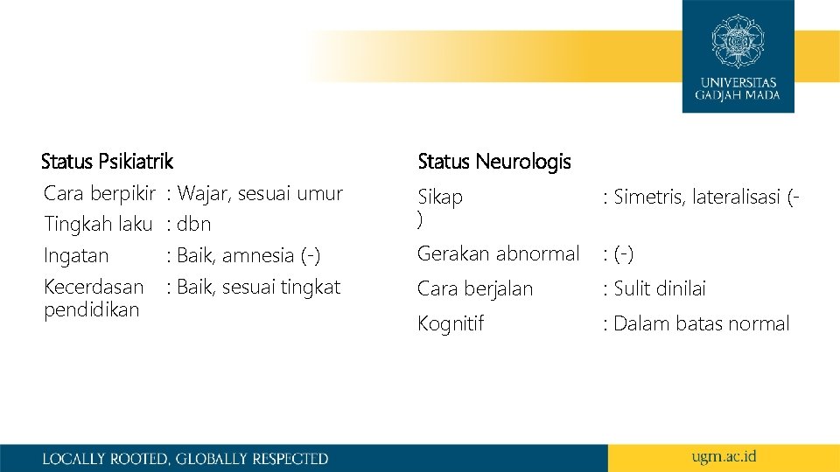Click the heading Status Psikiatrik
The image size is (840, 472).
click(x=107, y=162)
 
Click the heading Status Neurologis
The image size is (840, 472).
click(x=494, y=162)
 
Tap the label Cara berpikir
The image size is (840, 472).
click(x=100, y=193)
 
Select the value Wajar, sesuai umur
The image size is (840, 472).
click(x=259, y=193)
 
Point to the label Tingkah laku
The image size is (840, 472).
click(x=98, y=224)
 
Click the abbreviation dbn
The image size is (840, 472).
click(x=193, y=224)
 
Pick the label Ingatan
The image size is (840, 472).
click(x=76, y=256)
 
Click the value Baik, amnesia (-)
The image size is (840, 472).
click(x=248, y=256)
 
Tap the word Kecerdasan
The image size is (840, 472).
click(x=94, y=287)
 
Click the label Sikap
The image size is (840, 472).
click(x=440, y=198)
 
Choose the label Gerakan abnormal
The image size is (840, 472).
click(x=499, y=253)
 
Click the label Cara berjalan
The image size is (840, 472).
click(x=475, y=288)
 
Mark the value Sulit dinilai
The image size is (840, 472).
click(x=659, y=288)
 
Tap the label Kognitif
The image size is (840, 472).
click(x=451, y=323)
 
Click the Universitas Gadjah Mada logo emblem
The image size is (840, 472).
click(x=738, y=40)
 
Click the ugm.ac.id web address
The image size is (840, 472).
click(x=723, y=457)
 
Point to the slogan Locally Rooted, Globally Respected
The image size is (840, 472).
click(x=185, y=458)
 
